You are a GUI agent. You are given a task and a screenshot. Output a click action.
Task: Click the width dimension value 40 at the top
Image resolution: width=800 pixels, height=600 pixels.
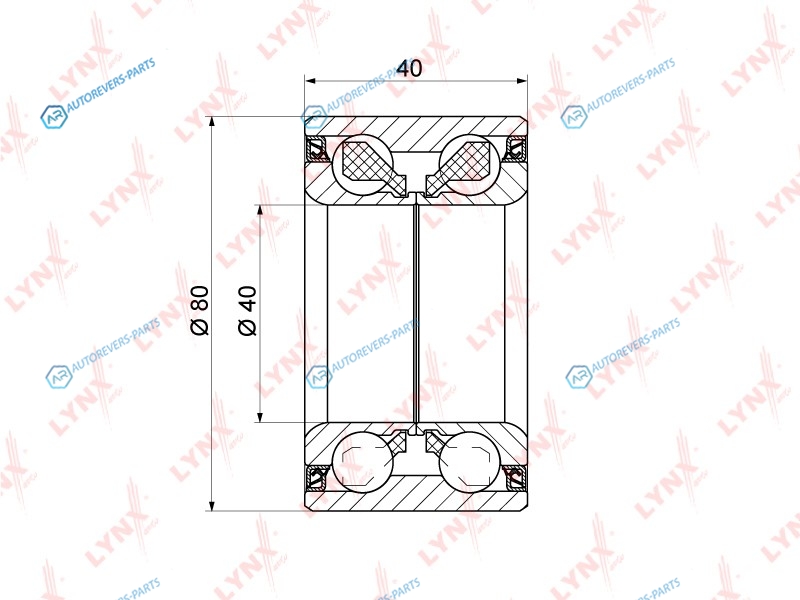(409, 68)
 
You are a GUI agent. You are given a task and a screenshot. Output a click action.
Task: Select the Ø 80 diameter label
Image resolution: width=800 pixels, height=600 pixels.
(201, 310)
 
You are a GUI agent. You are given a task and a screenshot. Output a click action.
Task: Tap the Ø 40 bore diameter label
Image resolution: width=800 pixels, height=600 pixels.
(247, 310)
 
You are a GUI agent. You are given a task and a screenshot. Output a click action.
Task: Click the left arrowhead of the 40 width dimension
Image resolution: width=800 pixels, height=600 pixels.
(311, 81)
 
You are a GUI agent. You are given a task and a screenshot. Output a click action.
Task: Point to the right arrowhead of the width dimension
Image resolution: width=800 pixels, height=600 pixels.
(521, 81)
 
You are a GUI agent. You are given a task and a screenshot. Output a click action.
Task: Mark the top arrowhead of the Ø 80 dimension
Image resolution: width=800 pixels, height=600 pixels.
(212, 122)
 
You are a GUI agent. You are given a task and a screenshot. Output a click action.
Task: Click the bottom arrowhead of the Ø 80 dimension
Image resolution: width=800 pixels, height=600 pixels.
(212, 505)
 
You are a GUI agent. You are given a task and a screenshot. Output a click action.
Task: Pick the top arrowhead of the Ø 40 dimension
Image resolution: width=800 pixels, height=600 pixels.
(260, 211)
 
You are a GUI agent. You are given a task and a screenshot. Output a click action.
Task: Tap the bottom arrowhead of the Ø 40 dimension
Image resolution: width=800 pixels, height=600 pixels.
(260, 416)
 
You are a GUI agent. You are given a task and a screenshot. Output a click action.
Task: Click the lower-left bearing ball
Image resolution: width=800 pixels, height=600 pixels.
(362, 462)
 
